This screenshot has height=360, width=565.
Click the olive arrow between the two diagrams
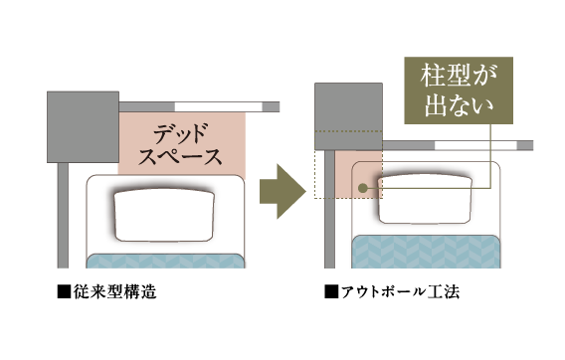282,191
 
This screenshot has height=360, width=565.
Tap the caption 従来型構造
115,291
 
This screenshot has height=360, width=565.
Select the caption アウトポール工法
400,291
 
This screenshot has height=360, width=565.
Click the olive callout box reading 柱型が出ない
459,90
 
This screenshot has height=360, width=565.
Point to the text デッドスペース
180,144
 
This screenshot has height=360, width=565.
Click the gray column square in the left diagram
83,127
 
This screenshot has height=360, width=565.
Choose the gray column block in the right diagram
348,116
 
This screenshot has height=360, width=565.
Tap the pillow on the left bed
164,215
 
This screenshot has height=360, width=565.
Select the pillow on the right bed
425,199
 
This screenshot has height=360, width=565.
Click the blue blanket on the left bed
165,261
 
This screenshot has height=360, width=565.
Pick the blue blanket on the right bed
427,252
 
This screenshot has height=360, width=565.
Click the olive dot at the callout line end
363,188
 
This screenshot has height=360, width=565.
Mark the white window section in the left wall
219,107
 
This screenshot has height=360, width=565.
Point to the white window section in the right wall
476,145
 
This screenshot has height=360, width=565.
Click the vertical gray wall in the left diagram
63,216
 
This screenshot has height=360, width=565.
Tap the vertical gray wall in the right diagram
329,210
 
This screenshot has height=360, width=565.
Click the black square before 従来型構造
64,292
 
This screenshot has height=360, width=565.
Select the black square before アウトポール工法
331,292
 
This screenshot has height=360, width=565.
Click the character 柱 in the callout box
431,76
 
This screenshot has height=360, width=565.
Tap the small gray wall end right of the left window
271,107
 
